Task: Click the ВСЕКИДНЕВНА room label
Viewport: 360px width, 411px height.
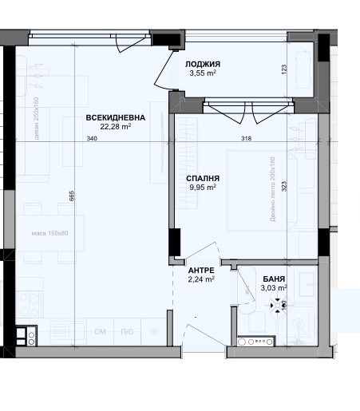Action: pos(116,117)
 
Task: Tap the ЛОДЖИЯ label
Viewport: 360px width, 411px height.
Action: pos(203,64)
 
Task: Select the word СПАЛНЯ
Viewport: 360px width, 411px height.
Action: pos(203,179)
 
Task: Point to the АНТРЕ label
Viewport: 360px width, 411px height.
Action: pos(200,271)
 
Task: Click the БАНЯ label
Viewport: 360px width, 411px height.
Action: pos(274,279)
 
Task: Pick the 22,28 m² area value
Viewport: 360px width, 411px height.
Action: pos(116,126)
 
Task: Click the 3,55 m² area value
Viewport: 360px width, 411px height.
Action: pos(203,73)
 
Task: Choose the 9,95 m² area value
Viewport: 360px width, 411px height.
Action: pos(203,188)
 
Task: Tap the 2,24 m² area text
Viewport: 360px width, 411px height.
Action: pos(200,279)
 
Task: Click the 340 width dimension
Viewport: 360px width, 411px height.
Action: pos(91,140)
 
